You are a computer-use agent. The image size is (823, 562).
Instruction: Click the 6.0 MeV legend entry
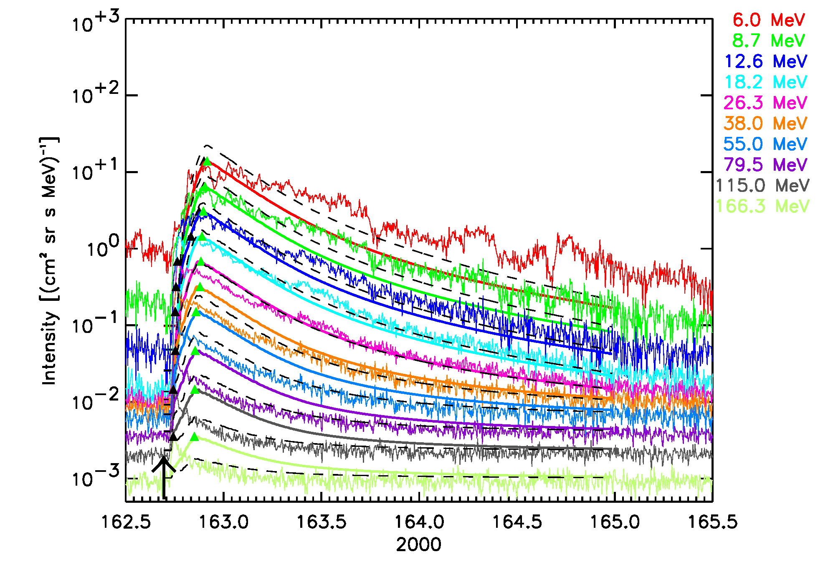(768, 20)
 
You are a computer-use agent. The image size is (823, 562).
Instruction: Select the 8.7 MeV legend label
(768, 41)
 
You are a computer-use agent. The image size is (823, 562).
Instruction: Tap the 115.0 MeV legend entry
(762, 186)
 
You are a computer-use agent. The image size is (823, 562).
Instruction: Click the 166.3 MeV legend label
(762, 206)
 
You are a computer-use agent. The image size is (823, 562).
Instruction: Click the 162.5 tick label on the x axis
(126, 522)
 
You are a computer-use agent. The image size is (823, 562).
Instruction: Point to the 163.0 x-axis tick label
(224, 522)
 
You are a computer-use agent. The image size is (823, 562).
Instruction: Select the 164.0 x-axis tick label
(419, 522)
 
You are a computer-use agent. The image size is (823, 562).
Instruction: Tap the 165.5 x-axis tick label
(712, 522)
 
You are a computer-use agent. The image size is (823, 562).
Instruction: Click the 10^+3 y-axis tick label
(96, 22)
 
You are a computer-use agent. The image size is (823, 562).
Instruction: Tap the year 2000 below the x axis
(418, 545)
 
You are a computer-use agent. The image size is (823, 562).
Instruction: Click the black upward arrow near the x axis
(164, 478)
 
